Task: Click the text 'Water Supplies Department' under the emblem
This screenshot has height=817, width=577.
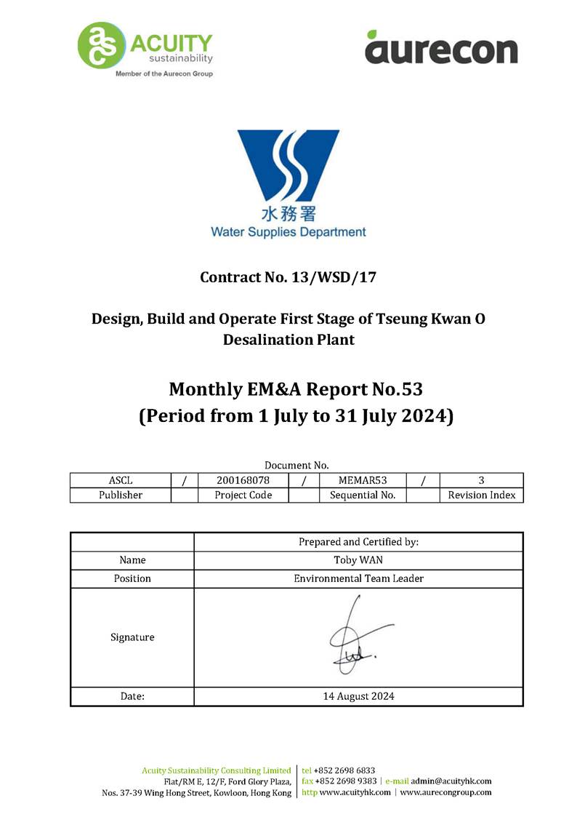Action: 288,232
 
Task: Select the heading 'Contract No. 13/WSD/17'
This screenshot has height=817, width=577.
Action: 288,277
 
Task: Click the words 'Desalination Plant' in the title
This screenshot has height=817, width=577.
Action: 288,339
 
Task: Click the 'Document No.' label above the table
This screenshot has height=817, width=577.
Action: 296,465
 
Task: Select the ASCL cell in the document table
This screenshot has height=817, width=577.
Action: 120,480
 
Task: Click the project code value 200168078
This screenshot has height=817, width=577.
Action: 243,480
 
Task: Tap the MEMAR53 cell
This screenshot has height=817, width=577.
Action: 362,480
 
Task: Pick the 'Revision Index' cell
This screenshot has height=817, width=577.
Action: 481,495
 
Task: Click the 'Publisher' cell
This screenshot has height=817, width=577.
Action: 120,495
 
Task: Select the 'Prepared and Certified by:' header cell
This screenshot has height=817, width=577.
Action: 358,542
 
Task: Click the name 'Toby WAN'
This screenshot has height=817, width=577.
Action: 358,560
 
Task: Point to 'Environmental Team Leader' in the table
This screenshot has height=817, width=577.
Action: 358,578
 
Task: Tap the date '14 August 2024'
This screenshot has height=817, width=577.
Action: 358,696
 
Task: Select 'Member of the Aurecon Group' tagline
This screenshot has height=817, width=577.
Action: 164,73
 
